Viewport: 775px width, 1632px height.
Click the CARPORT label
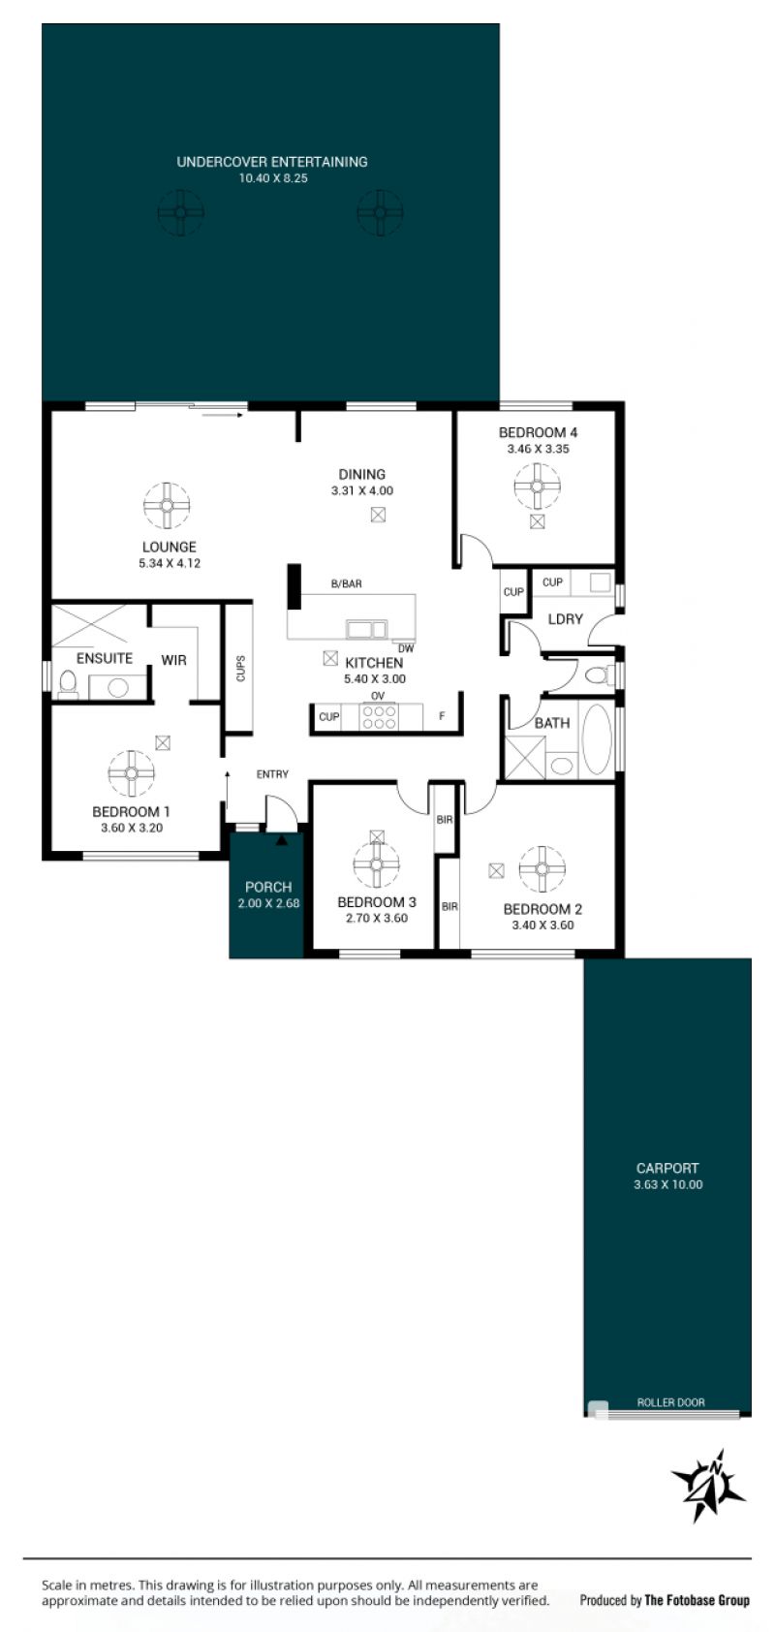tap(667, 1168)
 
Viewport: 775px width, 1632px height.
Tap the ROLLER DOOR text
tap(670, 1402)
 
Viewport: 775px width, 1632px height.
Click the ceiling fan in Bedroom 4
tap(538, 486)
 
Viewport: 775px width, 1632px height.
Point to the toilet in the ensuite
tap(68, 683)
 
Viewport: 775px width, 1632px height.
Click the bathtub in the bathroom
tap(598, 738)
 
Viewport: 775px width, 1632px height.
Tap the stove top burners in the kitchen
tap(380, 716)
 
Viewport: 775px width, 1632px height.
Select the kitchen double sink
tap(366, 629)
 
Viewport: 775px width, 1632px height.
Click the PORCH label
tap(268, 887)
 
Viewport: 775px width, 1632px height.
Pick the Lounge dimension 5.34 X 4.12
tap(170, 563)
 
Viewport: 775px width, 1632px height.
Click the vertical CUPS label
tap(241, 669)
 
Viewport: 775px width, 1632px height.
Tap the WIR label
tap(173, 660)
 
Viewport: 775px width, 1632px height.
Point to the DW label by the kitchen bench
tap(406, 647)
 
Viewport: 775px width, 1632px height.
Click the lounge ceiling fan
tap(167, 505)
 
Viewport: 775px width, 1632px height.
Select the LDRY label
tap(565, 618)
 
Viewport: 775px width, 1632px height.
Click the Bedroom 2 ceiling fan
tap(542, 868)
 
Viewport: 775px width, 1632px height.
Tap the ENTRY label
tap(272, 773)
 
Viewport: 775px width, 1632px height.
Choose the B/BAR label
tap(346, 583)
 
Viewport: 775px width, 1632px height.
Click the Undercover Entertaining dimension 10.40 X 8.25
tap(273, 178)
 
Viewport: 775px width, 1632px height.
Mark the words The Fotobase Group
tap(697, 1600)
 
